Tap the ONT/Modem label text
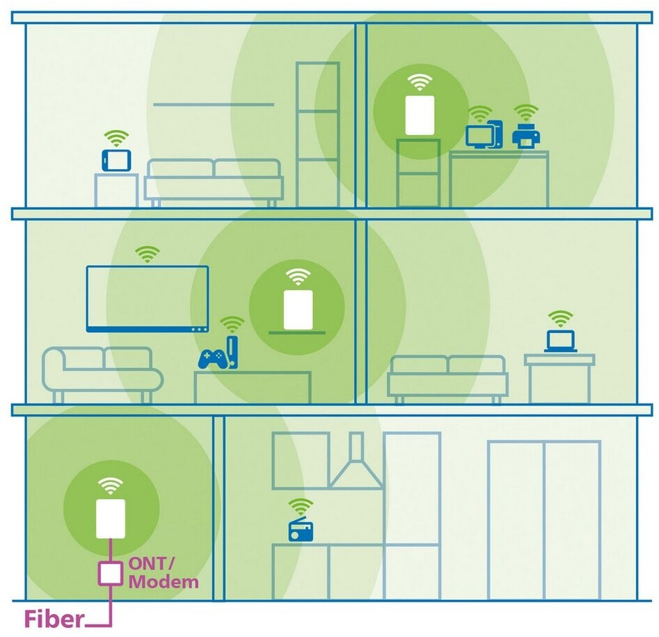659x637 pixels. pos(163,572)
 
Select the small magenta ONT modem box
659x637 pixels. pos(110,572)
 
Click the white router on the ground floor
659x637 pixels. pos(110,518)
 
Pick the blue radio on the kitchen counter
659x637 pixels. pos(301,531)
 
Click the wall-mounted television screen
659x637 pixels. pos(147,298)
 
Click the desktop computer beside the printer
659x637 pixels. pos(484,135)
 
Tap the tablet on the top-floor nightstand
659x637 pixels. pos(116,160)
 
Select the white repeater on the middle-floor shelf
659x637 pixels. pos(298,308)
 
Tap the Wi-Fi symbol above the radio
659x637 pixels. pos(301,506)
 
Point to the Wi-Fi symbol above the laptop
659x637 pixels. pos(559,318)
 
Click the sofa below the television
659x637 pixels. pos(101,373)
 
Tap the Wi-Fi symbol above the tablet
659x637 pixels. pos(116,137)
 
